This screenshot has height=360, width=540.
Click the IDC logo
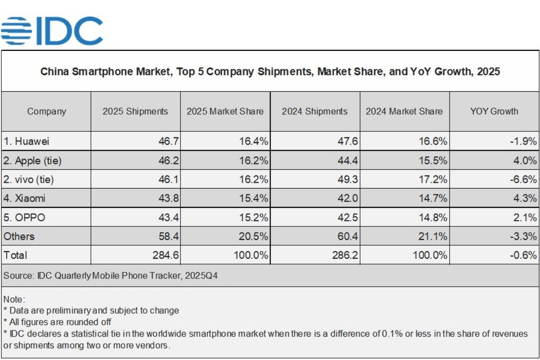(52, 31)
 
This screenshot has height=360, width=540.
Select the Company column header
(46, 112)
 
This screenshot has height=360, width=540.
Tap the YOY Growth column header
(494, 112)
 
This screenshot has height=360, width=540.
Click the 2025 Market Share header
(225, 112)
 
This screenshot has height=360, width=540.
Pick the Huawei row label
(27, 141)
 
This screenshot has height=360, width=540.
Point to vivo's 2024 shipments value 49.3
(346, 180)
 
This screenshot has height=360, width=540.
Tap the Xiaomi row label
(25, 198)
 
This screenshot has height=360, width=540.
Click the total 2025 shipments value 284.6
(166, 255)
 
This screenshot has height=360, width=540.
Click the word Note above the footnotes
(13, 299)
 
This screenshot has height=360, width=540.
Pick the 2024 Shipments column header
(315, 112)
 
